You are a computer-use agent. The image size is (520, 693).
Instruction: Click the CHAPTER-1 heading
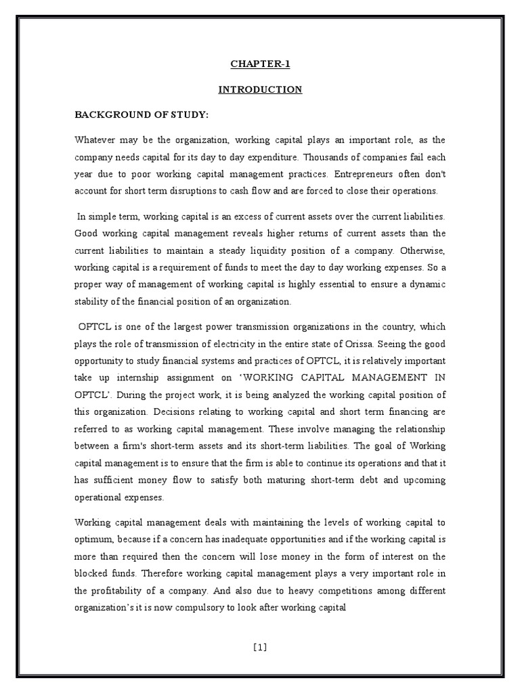pos(259,65)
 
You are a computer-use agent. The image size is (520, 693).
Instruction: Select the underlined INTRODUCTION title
pos(259,89)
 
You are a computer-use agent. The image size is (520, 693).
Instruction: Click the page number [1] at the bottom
pos(259,646)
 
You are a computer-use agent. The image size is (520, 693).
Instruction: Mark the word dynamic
pos(427,284)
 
